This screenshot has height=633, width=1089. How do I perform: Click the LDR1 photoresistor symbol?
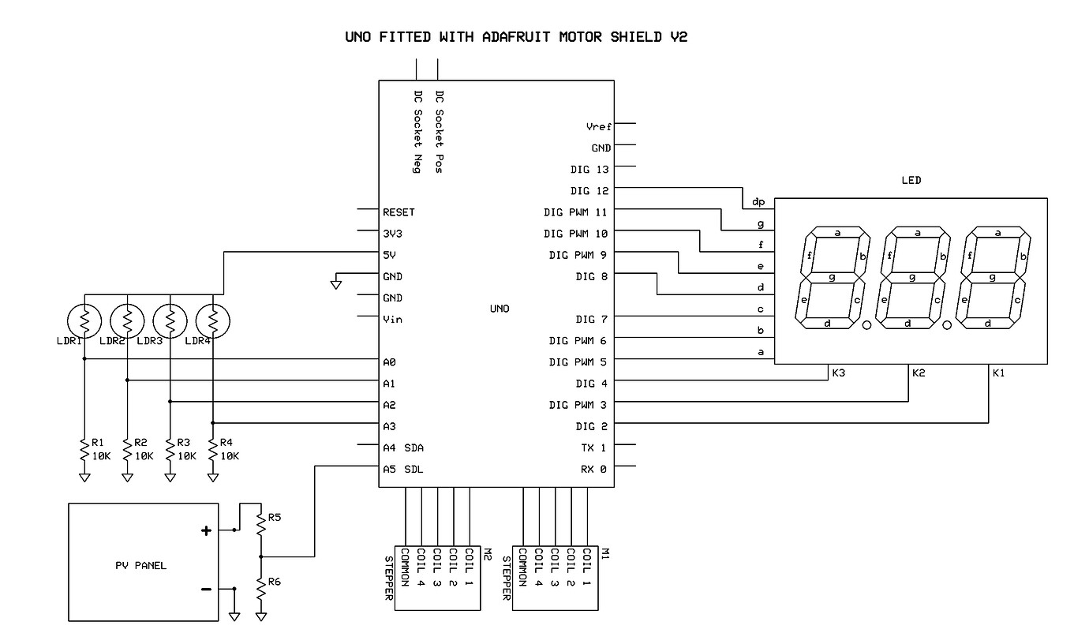(x=84, y=320)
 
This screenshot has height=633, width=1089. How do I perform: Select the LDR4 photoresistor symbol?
(x=212, y=320)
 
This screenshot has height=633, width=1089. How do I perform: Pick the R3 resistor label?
(x=184, y=443)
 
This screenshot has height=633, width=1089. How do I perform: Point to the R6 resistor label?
(x=275, y=581)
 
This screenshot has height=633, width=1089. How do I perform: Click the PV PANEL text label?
(x=142, y=565)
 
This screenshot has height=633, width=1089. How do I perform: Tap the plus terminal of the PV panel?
(x=206, y=531)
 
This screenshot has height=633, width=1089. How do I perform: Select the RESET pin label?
(x=399, y=212)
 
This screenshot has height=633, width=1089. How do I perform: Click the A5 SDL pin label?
(x=402, y=469)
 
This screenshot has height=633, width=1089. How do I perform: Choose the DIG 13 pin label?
(x=590, y=170)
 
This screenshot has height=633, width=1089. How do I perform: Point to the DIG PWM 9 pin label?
(x=578, y=255)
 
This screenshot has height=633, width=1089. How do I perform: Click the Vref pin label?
(x=599, y=126)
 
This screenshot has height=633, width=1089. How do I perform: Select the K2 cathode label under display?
(x=919, y=373)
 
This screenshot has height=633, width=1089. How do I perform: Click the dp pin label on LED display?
(x=758, y=202)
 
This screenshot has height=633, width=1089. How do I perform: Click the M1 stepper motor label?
(x=604, y=554)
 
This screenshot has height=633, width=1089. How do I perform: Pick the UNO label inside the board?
(x=500, y=309)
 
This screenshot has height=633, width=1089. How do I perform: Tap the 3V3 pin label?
(x=392, y=234)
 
